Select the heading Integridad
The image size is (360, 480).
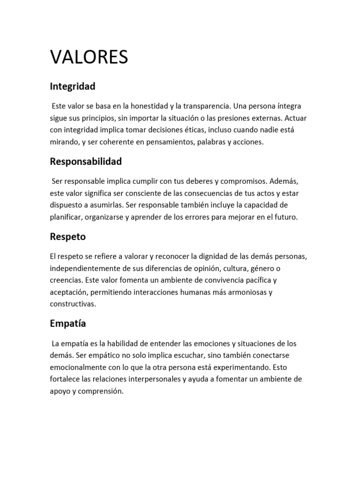(73, 86)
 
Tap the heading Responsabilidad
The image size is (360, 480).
(86, 162)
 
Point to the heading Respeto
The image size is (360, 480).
(68, 237)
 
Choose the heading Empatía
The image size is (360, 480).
(68, 323)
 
